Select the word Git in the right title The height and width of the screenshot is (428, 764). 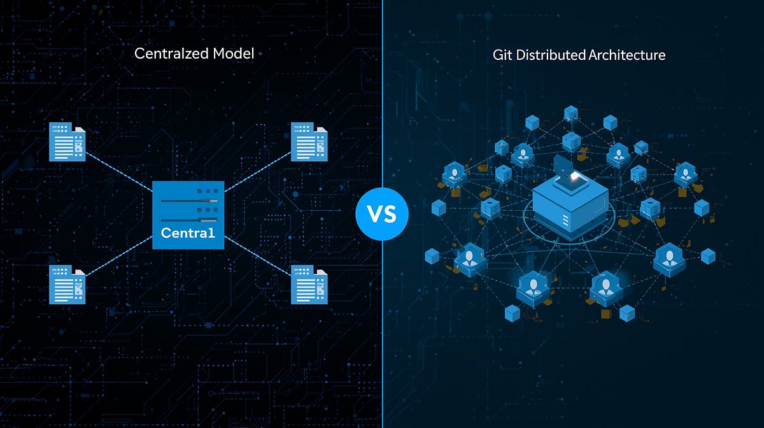(502, 55)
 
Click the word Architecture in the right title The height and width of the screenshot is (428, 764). (627, 55)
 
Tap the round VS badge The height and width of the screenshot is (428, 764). (381, 214)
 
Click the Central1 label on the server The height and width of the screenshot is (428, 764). (188, 233)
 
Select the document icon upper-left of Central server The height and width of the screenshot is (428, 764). (67, 142)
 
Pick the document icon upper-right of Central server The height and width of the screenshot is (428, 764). (309, 141)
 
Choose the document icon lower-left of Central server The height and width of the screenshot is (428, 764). (67, 285)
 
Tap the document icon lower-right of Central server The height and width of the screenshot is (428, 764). (309, 284)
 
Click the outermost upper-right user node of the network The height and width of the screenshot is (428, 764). (685, 173)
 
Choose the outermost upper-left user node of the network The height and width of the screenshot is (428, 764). (455, 172)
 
